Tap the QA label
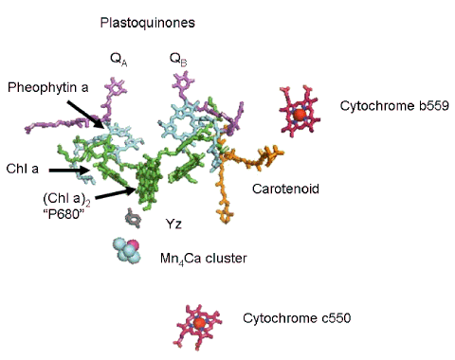[118, 61]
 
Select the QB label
[177, 61]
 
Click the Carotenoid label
[281, 189]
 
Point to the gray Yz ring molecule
[136, 221]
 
